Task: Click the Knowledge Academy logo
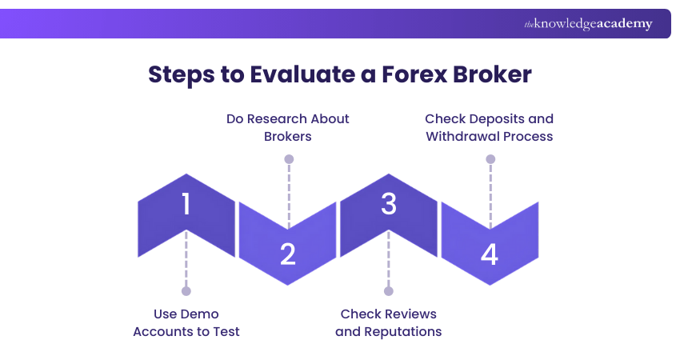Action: [x=588, y=24]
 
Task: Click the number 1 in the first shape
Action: [x=186, y=205]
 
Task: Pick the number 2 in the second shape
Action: [x=288, y=254]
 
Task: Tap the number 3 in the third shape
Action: [x=389, y=205]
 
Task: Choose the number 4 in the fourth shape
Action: [x=490, y=254]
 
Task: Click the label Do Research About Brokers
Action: [x=288, y=127]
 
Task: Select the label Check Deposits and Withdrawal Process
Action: [x=490, y=127]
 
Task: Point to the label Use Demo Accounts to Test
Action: [x=186, y=322]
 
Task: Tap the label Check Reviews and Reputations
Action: [x=389, y=322]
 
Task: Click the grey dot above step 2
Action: [x=289, y=159]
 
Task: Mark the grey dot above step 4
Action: [x=490, y=159]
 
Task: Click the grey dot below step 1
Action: [x=186, y=290]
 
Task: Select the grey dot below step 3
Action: [x=389, y=290]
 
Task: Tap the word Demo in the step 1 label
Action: [x=199, y=314]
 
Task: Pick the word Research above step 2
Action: [x=277, y=118]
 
